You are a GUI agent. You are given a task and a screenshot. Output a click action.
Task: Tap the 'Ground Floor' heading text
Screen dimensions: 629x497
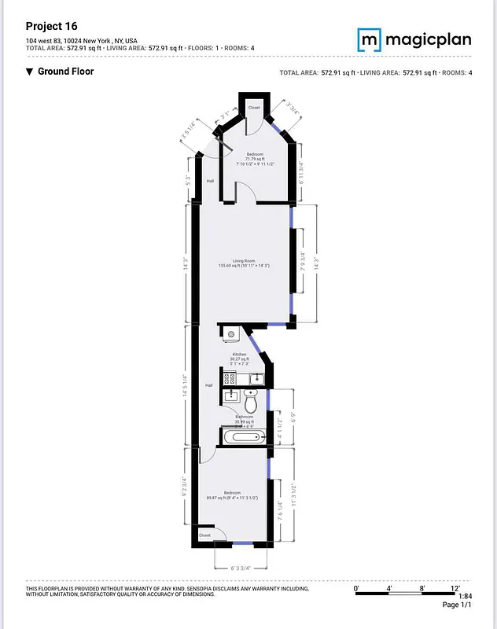pyautogui.click(x=66, y=72)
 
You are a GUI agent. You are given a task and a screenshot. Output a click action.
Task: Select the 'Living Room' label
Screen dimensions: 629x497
pyautogui.click(x=244, y=261)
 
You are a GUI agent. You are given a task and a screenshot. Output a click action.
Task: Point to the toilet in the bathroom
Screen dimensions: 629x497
pyautogui.click(x=251, y=404)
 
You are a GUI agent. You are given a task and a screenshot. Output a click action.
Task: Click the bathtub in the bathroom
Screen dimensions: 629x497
pyautogui.click(x=245, y=437)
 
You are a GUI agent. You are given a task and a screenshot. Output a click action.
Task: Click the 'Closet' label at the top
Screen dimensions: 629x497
pyautogui.click(x=254, y=107)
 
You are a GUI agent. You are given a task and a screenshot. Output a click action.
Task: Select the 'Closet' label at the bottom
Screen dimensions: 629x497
pyautogui.click(x=204, y=535)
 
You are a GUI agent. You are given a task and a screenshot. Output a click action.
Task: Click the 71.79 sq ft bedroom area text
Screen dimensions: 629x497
pyautogui.click(x=255, y=160)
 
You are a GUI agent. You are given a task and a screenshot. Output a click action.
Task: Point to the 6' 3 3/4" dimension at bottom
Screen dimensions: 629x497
pyautogui.click(x=240, y=568)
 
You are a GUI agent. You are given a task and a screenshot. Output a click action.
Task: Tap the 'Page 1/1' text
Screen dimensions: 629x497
pyautogui.click(x=457, y=605)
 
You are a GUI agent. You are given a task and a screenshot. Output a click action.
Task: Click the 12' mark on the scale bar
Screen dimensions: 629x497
pyautogui.click(x=455, y=587)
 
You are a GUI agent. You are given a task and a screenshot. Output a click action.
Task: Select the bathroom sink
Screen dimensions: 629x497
pyautogui.click(x=230, y=395)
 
